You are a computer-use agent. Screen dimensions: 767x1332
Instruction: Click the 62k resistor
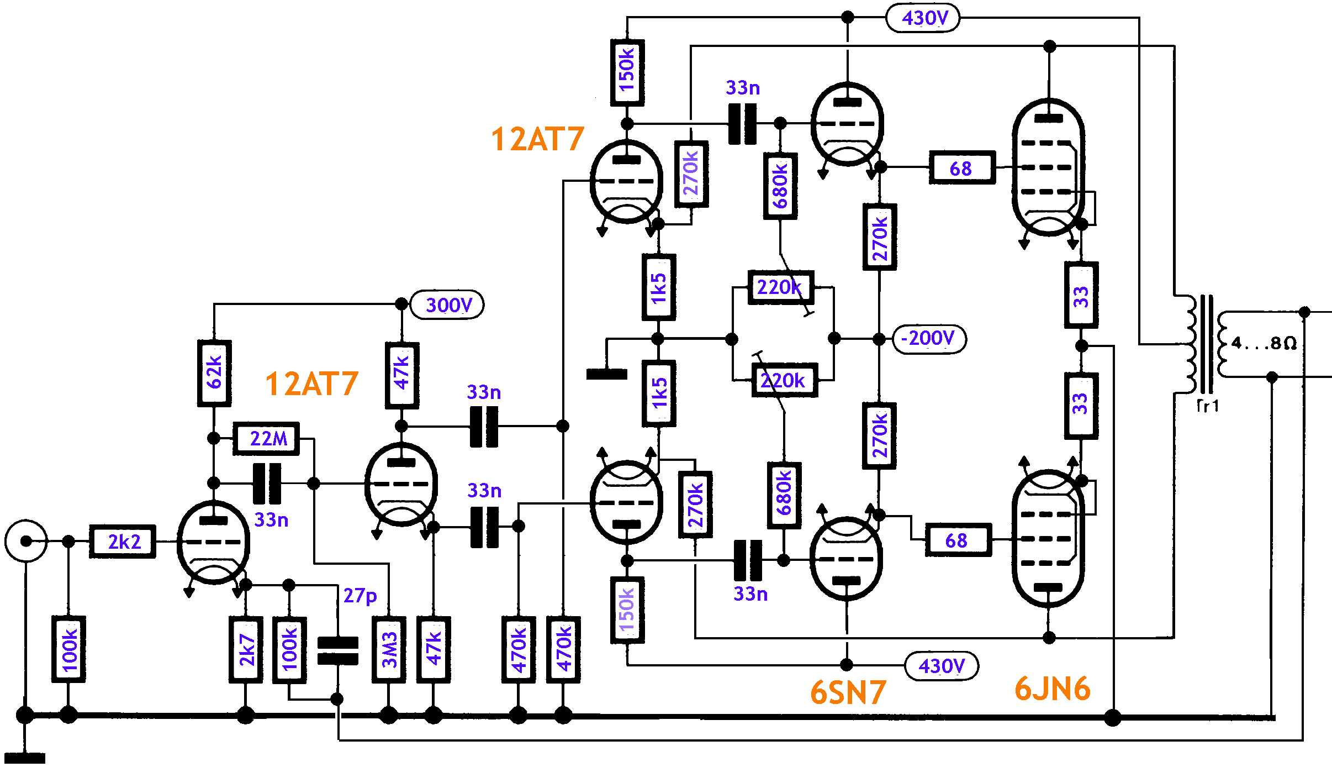(x=214, y=374)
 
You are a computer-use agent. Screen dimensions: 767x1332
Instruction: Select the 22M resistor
(x=266, y=439)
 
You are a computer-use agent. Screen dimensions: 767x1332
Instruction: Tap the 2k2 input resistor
(x=123, y=542)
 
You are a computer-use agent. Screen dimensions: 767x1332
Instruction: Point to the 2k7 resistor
(x=246, y=650)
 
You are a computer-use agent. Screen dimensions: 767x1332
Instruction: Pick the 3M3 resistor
(x=389, y=650)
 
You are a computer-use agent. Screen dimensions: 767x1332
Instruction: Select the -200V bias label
(x=929, y=338)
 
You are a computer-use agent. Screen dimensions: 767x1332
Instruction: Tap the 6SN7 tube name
(x=848, y=692)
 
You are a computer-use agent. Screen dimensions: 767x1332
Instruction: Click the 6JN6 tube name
(x=1053, y=689)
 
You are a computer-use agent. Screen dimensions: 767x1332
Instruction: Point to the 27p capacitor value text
(x=360, y=596)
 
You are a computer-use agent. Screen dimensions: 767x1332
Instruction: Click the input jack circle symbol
(x=26, y=541)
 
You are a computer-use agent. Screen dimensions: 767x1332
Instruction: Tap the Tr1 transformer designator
(x=1208, y=406)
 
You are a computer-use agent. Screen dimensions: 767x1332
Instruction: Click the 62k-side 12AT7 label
(x=312, y=384)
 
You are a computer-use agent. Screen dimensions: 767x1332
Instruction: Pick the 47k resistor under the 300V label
(x=401, y=375)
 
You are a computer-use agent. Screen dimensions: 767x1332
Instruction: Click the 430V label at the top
(x=923, y=18)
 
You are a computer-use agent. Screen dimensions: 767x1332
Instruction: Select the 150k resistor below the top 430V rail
(x=627, y=72)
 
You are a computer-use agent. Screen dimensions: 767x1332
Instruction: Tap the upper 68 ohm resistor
(x=962, y=167)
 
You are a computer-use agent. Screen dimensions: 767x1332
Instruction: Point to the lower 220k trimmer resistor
(x=784, y=381)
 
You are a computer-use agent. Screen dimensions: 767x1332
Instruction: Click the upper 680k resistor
(x=780, y=186)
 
